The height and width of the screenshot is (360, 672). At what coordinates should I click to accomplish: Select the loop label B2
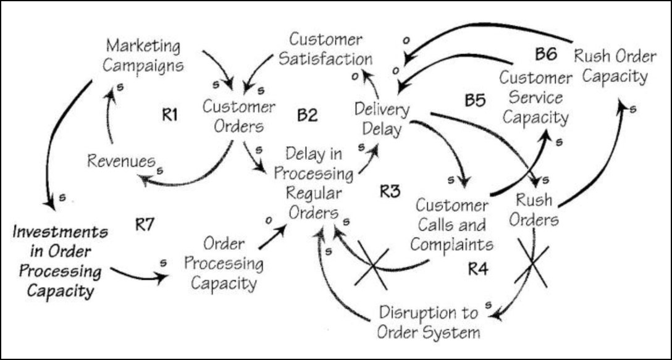point(307,114)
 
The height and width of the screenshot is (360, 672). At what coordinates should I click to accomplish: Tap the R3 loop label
point(391,191)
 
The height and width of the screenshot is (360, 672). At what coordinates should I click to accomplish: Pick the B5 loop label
point(475,100)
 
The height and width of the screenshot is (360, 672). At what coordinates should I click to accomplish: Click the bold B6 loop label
point(546,54)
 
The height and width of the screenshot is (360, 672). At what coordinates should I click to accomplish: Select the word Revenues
point(120,161)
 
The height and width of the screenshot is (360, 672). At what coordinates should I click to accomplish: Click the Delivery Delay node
point(382,119)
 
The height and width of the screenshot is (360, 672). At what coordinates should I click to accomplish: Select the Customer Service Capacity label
point(535,97)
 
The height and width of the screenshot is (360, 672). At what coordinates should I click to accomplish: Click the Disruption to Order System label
point(429,322)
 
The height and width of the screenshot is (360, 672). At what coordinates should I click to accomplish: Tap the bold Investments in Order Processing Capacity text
point(59,261)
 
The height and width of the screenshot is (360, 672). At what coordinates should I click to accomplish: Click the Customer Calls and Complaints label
point(454,224)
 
